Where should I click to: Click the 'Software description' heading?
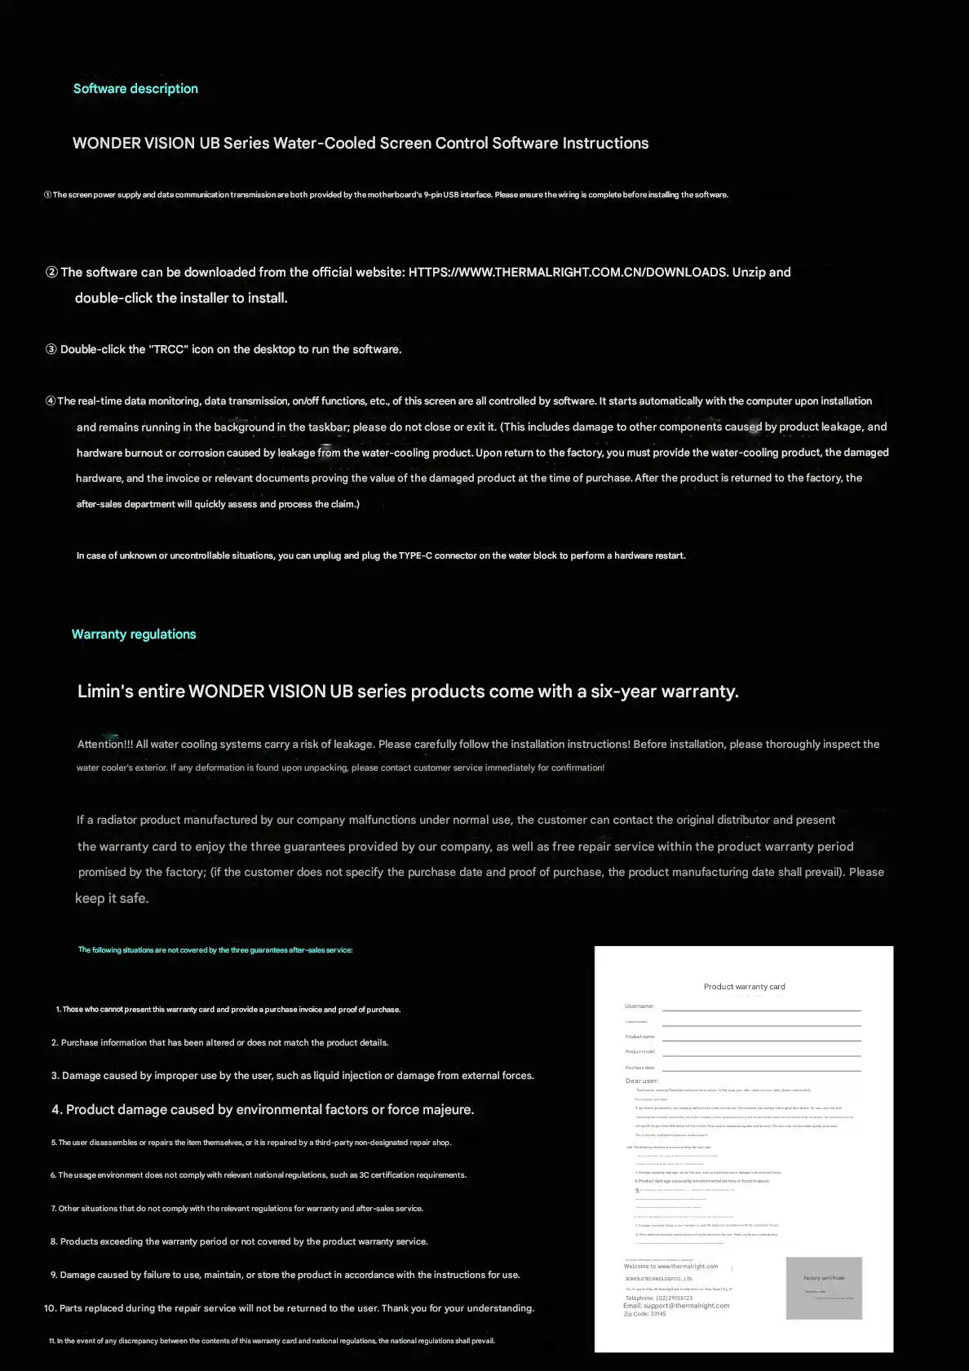click(x=135, y=89)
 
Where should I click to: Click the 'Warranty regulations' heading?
click(x=134, y=635)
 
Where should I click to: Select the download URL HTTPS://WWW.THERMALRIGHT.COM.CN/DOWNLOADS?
click(x=568, y=272)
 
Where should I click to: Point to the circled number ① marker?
click(x=47, y=195)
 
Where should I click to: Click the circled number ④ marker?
click(x=51, y=401)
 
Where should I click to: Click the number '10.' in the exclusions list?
click(x=50, y=1308)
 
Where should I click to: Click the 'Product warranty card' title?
click(x=744, y=987)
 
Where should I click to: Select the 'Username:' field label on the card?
click(x=639, y=1006)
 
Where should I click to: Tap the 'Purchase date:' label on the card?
click(x=640, y=1068)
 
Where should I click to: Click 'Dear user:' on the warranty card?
click(x=641, y=1081)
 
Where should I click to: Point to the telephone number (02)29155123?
click(x=674, y=1298)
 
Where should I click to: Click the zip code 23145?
click(x=657, y=1314)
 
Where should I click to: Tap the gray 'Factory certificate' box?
click(x=824, y=1288)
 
